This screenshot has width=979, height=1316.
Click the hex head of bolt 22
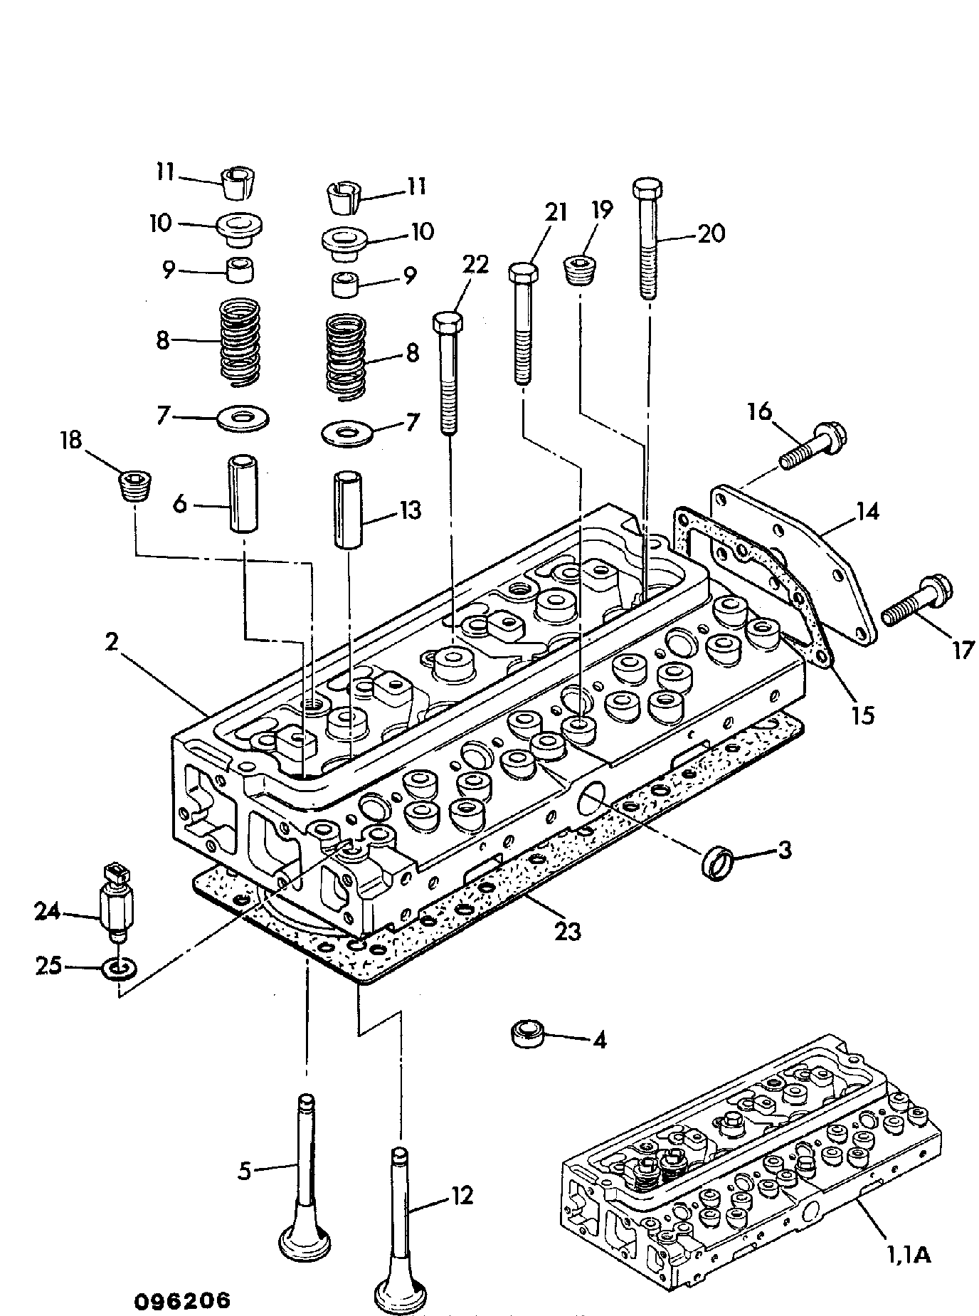click(448, 322)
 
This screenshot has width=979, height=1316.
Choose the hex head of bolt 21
click(523, 271)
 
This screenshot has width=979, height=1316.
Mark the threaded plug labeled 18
click(132, 485)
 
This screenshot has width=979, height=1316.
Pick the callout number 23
click(568, 931)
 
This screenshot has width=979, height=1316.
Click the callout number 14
click(867, 511)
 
